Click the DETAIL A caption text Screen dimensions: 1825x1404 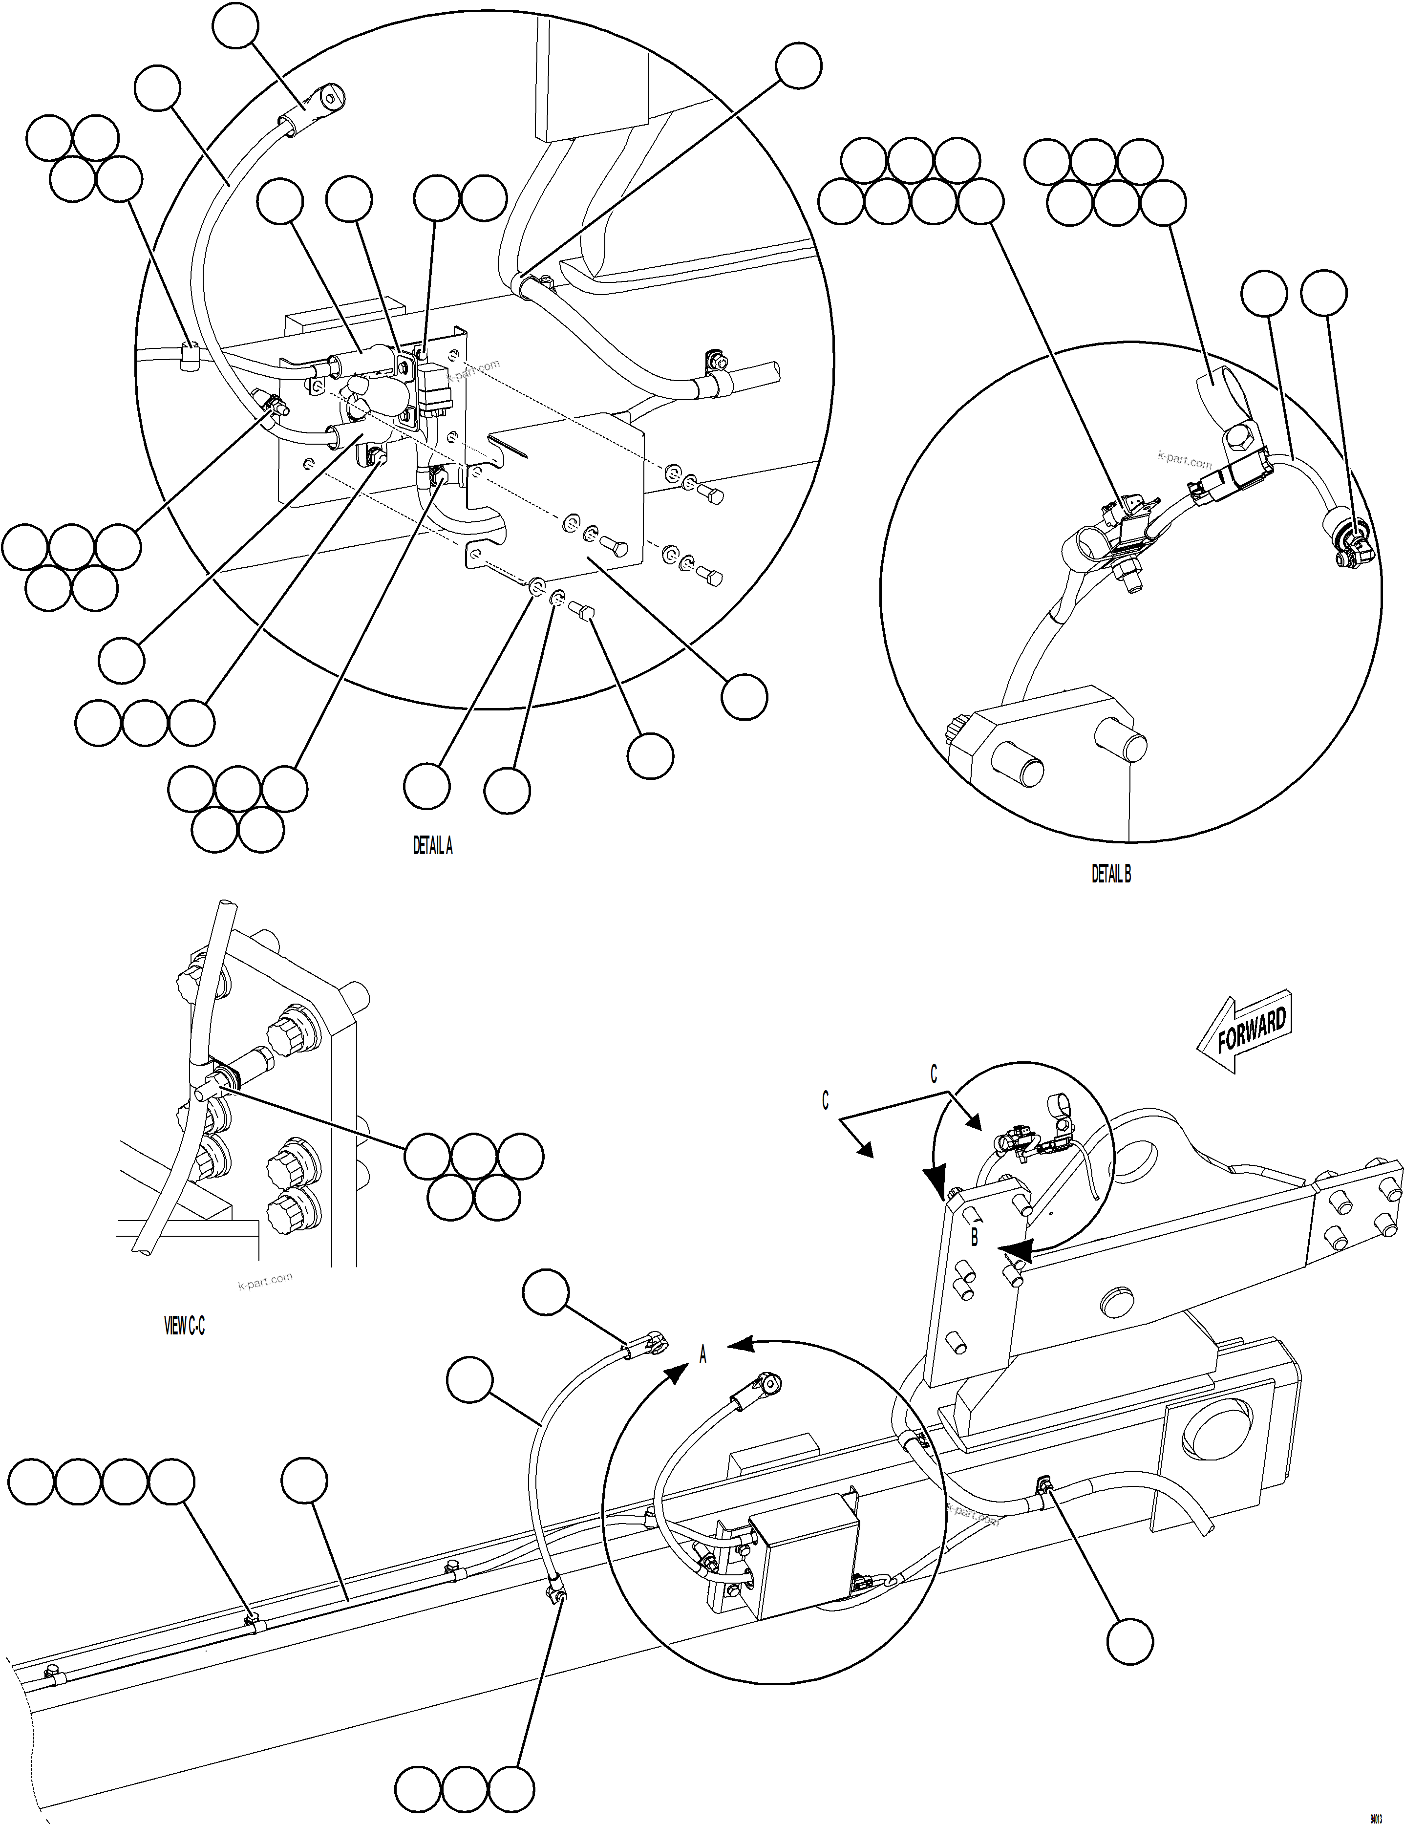tap(433, 846)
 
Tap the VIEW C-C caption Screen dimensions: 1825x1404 tap(184, 1326)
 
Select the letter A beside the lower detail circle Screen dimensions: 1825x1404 tap(702, 1355)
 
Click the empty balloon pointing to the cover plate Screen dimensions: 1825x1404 tap(744, 696)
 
